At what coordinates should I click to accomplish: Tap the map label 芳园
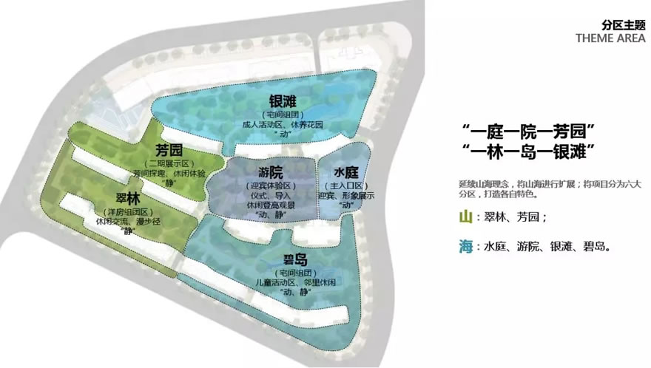169,149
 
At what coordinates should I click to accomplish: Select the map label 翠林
127,199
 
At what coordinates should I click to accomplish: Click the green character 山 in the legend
465,217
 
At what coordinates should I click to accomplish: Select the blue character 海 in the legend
465,246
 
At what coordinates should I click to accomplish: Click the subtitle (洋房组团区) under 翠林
128,211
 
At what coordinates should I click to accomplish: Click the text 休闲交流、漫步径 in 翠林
128,221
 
